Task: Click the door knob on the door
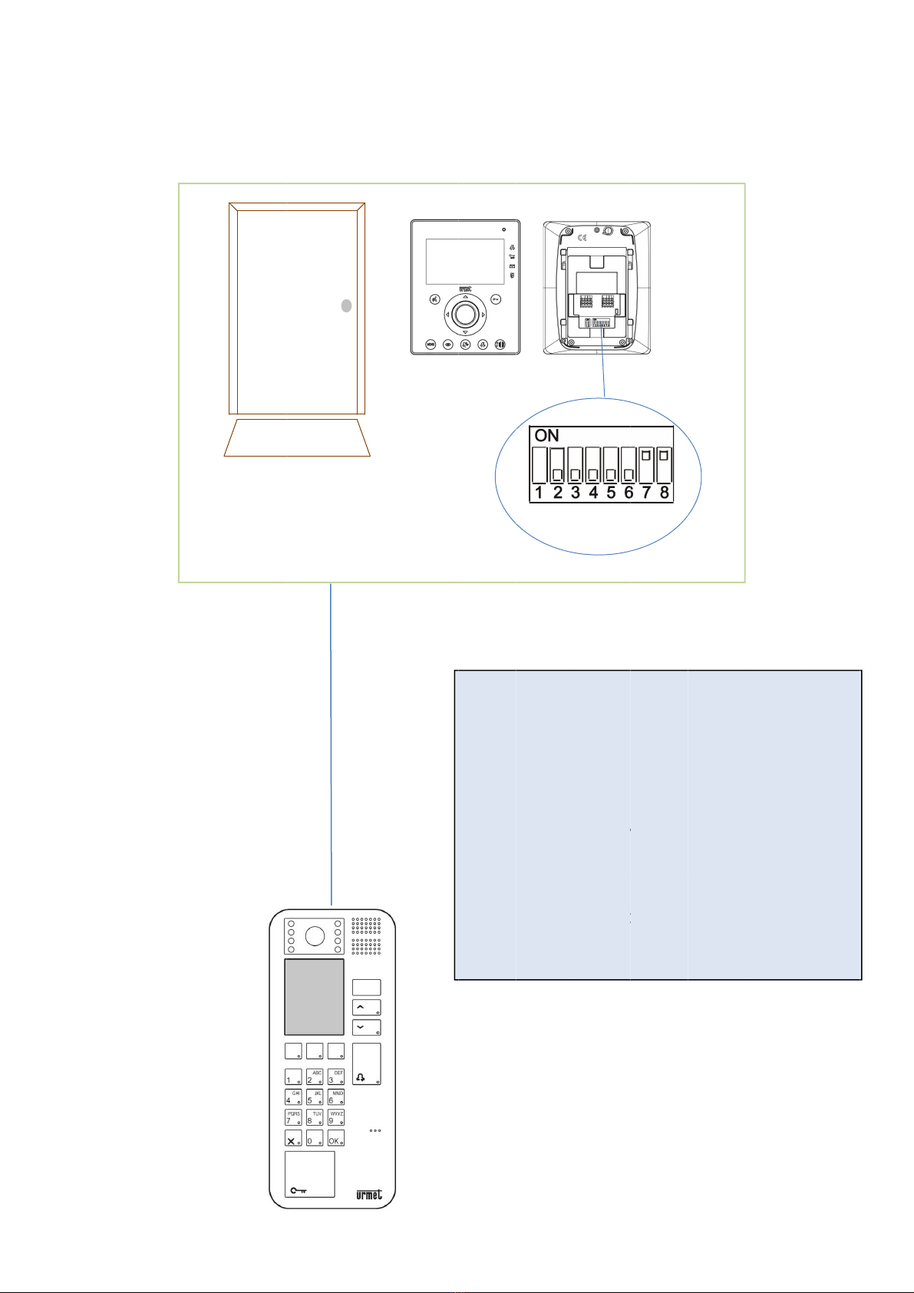click(x=347, y=305)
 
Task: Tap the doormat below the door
click(x=297, y=438)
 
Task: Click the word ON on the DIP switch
click(x=546, y=436)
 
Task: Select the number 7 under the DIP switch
click(x=646, y=493)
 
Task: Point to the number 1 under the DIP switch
click(x=539, y=493)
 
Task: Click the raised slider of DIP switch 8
click(x=665, y=456)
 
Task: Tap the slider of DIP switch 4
click(x=593, y=473)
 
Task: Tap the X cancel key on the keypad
click(x=292, y=1139)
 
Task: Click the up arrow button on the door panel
click(x=366, y=1007)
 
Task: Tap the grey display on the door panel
click(x=314, y=997)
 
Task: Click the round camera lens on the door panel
click(x=314, y=936)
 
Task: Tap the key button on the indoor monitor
click(x=495, y=300)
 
